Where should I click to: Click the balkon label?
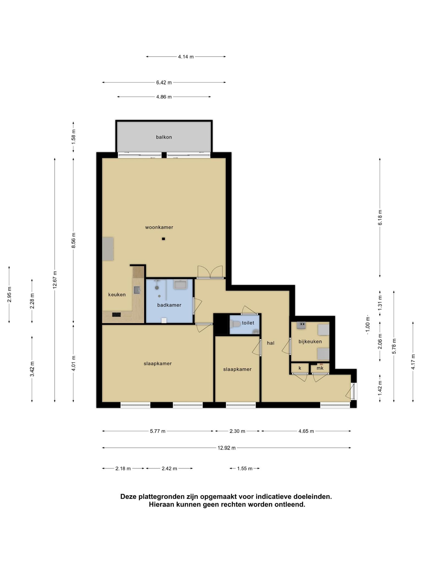(164, 137)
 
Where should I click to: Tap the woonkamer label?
(159, 227)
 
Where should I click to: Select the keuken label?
(117, 295)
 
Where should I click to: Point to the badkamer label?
(169, 305)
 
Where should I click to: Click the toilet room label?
(248, 323)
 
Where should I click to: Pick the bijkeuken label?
(310, 342)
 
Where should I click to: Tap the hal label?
(271, 343)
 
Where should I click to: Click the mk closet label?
(320, 368)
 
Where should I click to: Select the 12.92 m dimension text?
(227, 448)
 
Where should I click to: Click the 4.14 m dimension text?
(186, 57)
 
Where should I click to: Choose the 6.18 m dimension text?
(380, 218)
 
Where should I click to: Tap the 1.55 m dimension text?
(245, 468)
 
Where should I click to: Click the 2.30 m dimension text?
(237, 431)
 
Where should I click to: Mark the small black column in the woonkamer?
(163, 239)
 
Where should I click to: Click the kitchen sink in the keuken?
(137, 290)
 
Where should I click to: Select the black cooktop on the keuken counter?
(116, 314)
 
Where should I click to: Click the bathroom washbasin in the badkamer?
(181, 284)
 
